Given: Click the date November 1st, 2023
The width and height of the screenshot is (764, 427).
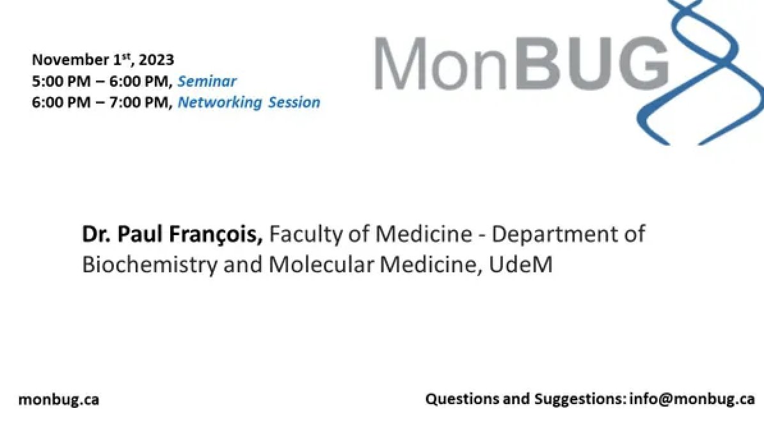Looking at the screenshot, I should (x=102, y=60).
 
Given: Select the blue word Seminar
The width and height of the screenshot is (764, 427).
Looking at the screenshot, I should (x=207, y=81).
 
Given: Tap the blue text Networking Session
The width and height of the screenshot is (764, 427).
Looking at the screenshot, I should (x=249, y=102).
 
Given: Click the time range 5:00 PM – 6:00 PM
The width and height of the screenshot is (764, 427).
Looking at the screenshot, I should (x=101, y=81).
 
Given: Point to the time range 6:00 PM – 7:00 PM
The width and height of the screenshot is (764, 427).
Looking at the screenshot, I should (x=101, y=102).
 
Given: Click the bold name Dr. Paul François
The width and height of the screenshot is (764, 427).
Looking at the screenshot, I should (x=172, y=235).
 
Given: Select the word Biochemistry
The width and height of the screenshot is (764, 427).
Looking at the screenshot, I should (x=150, y=264).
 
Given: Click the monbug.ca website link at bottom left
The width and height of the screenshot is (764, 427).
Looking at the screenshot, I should (x=59, y=400).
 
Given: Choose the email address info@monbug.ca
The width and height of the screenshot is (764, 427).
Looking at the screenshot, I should (x=692, y=400).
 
